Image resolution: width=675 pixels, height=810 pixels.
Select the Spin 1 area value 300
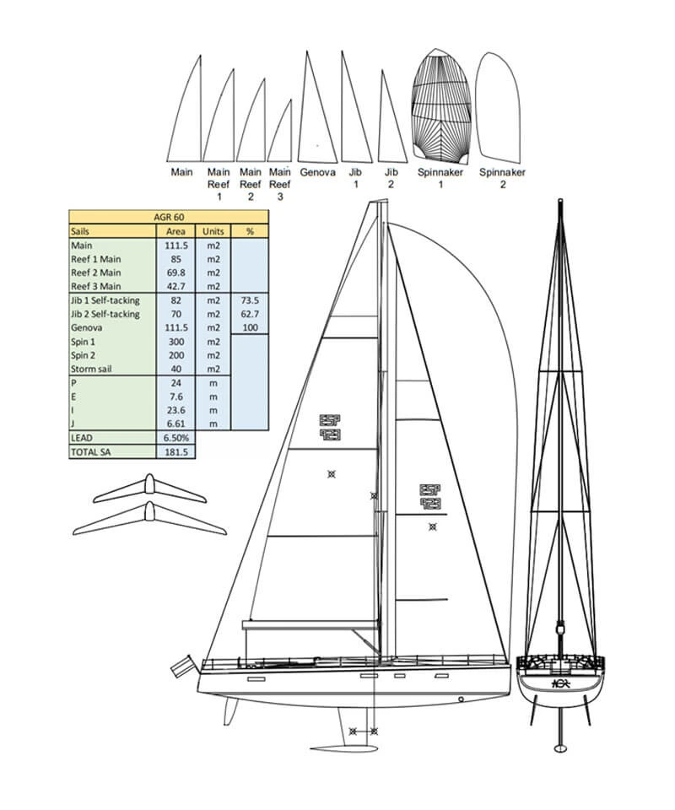(176, 341)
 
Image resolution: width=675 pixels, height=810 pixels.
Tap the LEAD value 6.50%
(176, 438)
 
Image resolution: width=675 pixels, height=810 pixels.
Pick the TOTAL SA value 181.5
(176, 452)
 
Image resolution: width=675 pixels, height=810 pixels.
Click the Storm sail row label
(93, 369)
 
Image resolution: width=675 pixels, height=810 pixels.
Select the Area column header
(176, 230)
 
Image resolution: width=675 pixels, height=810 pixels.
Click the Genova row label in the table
(88, 327)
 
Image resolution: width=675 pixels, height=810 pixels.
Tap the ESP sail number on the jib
(430, 497)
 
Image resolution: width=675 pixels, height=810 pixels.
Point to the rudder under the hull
(229, 711)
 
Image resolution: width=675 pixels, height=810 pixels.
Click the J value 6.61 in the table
(176, 424)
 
